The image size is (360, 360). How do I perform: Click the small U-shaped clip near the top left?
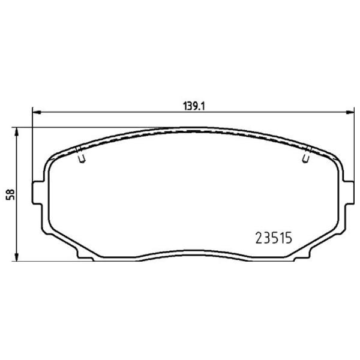tap(82, 155)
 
